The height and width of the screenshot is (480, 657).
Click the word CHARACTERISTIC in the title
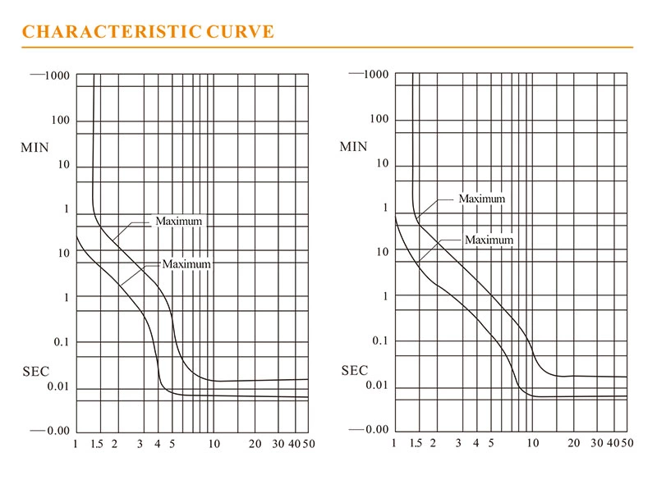[112, 32]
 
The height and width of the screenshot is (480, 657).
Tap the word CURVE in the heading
[239, 32]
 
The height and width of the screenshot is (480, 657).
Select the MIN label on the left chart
[35, 149]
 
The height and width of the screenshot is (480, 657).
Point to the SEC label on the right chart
[355, 371]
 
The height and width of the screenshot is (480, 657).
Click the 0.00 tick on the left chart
[57, 430]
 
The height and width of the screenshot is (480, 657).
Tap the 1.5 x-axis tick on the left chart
[96, 445]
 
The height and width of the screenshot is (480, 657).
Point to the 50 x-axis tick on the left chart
[308, 445]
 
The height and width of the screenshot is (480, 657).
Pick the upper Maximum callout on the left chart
[178, 222]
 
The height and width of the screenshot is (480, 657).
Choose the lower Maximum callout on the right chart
[489, 240]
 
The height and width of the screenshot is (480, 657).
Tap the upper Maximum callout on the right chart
[482, 199]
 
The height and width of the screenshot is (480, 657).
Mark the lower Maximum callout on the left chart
[186, 264]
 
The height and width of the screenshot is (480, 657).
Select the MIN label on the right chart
[354, 147]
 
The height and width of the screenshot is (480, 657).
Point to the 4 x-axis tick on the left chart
[157, 445]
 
